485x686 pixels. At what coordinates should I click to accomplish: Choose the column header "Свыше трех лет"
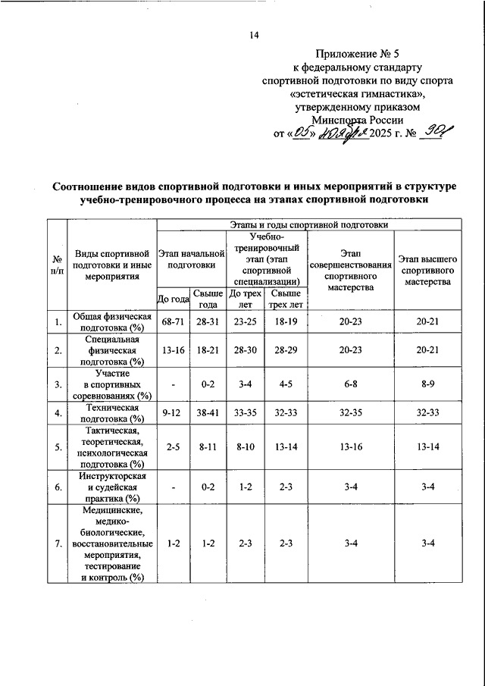click(285, 299)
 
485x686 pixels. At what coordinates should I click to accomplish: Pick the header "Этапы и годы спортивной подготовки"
click(308, 224)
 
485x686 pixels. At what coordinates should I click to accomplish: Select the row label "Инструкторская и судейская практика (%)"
click(111, 487)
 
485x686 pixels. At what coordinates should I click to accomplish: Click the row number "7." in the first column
click(57, 543)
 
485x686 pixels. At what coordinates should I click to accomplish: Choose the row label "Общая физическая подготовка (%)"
click(111, 323)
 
